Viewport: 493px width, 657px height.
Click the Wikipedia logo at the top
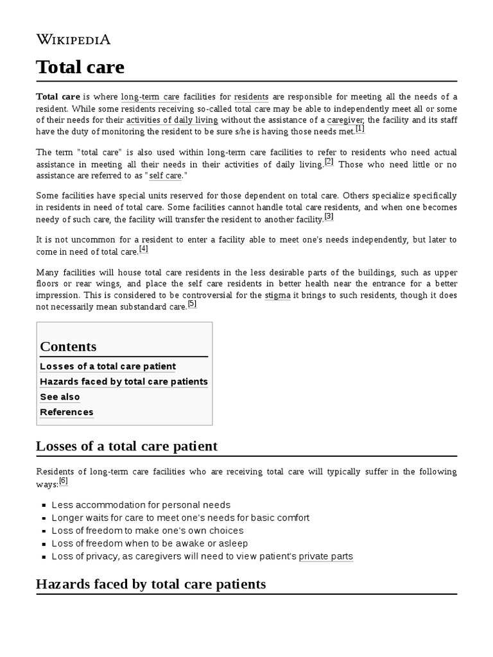73,39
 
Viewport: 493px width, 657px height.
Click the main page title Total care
80,67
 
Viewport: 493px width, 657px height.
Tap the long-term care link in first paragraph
150,97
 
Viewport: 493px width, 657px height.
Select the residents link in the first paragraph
251,97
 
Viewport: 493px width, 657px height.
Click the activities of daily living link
172,120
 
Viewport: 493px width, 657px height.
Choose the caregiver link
345,120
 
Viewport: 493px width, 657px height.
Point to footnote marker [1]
359,129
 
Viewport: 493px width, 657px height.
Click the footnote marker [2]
329,162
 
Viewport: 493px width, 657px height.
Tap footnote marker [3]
329,217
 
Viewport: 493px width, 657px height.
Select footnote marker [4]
143,249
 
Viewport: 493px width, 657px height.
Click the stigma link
277,295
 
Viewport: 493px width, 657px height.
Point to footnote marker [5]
192,304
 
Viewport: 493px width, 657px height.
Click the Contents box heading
68,346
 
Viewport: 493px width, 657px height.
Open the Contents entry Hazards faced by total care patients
124,381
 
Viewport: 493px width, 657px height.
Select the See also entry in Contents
60,397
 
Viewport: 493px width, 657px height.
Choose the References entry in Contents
67,412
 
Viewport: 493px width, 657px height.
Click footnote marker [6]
63,481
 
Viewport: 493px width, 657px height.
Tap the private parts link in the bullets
325,556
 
